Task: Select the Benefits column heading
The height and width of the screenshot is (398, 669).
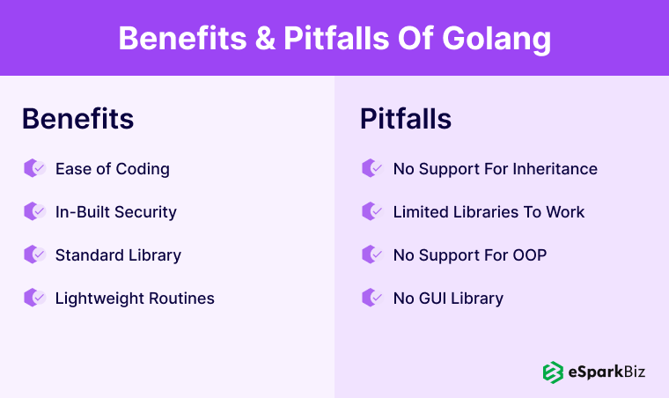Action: [77, 119]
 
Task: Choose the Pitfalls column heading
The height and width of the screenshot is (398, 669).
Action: [406, 119]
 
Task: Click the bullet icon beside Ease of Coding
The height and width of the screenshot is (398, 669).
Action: [34, 168]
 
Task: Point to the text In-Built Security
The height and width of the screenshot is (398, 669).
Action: [115, 211]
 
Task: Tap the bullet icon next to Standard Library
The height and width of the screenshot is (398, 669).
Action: [34, 254]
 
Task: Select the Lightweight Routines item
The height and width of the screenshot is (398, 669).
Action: [135, 298]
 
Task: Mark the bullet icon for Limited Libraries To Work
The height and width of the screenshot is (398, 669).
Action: [372, 211]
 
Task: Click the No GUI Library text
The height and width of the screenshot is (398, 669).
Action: [448, 298]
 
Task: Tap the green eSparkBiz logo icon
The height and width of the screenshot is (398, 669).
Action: [553, 372]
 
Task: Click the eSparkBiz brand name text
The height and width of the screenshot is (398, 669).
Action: [606, 372]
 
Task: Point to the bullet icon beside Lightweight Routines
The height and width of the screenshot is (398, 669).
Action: [34, 298]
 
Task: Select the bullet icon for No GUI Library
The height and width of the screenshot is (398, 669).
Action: [372, 298]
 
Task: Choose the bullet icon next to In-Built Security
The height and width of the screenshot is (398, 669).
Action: [34, 211]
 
